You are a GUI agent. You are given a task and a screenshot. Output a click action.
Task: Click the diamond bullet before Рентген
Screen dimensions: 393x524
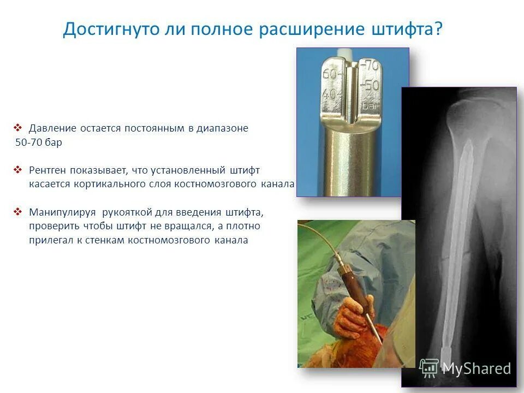[17, 170]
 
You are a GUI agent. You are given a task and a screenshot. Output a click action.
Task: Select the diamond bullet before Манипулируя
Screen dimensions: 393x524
[17, 212]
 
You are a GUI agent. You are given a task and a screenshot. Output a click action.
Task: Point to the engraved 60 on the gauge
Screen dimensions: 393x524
[330, 74]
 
